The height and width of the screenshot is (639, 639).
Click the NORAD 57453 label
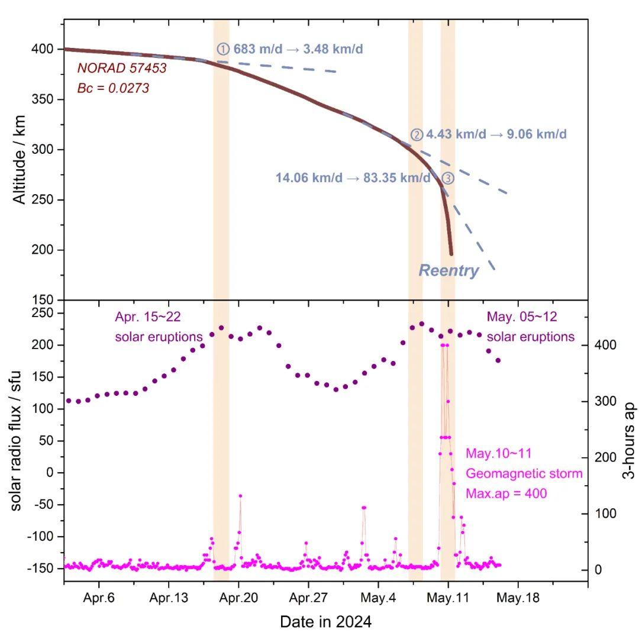click(122, 69)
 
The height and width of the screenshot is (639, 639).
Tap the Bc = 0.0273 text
click(113, 89)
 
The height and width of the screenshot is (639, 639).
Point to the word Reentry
click(448, 271)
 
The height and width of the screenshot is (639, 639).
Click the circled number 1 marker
click(222, 49)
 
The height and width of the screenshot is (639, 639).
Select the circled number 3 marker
click(448, 178)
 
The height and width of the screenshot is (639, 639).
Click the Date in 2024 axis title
click(325, 622)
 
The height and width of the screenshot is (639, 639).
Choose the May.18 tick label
click(518, 598)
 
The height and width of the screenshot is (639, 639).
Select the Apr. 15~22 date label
click(148, 318)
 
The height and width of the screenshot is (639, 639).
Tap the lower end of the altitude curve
click(451, 253)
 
